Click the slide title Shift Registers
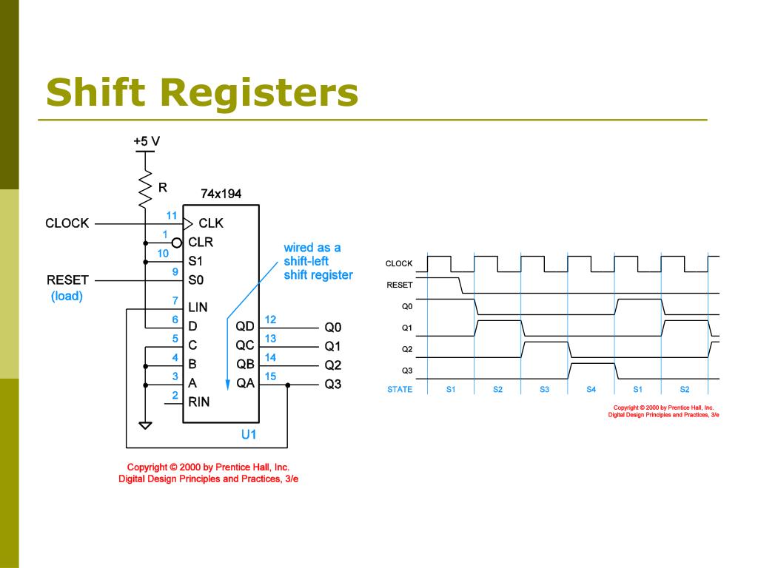pos(202,93)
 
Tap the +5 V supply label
pos(147,141)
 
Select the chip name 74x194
pos(221,194)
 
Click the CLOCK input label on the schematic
pos(67,223)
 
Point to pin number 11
pos(172,216)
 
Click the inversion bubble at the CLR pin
pos(177,242)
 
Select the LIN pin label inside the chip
pos(198,307)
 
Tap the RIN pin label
pos(198,402)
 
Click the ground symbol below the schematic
pos(145,425)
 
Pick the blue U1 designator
pos(249,434)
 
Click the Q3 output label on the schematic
pos(333,384)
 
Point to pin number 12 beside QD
pos(270,319)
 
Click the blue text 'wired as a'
pos(312,247)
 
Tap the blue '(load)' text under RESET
pos(67,296)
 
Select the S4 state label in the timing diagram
pos(591,390)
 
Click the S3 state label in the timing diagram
pos(544,390)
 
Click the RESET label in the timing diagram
pos(400,285)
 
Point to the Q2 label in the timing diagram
pos(407,349)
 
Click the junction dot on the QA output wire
pos(287,385)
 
